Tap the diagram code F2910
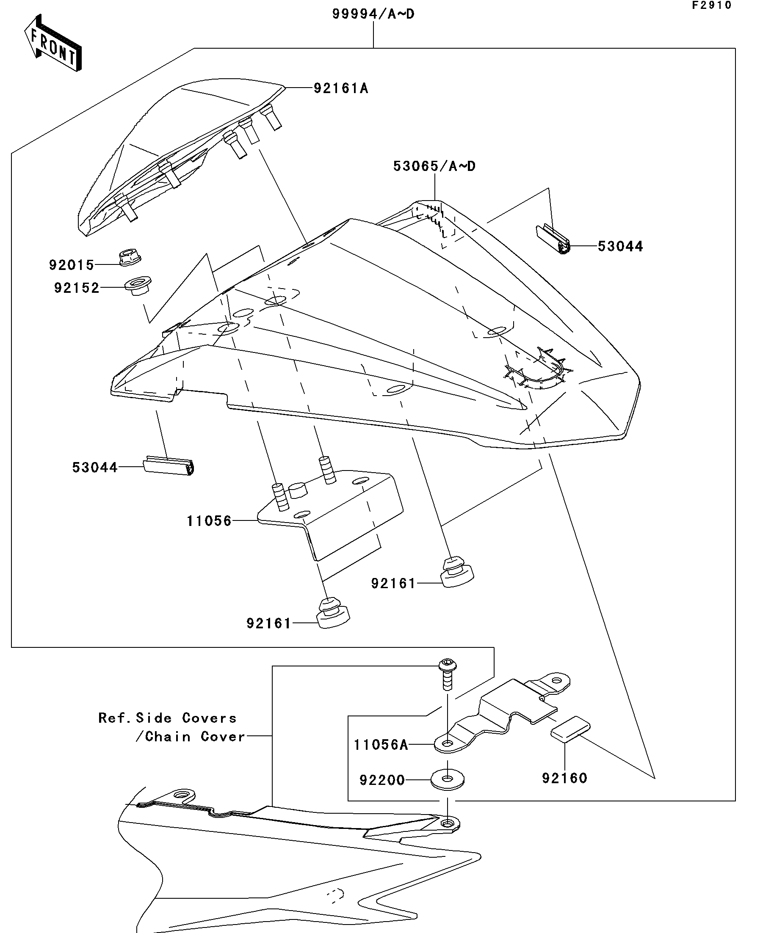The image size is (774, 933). tap(711, 6)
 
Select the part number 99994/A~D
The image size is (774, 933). tap(373, 14)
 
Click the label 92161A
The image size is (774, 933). tap(341, 88)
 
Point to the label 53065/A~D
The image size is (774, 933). tap(434, 166)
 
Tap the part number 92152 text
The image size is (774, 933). tap(77, 288)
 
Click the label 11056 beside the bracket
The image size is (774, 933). tap(209, 521)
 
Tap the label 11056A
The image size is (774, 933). tap(381, 745)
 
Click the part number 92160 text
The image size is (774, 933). tap(564, 778)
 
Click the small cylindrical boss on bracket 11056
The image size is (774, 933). tap(299, 490)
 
